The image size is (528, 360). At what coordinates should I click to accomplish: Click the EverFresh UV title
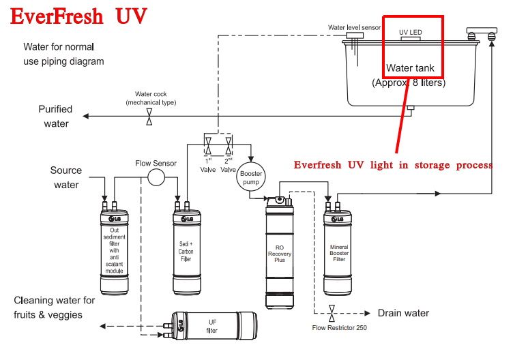pyautogui.click(x=78, y=16)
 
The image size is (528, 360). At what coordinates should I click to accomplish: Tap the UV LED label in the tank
pyautogui.click(x=411, y=32)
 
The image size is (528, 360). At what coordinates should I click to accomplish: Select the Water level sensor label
pyautogui.click(x=354, y=27)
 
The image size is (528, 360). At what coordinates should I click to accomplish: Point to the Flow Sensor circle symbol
pyautogui.click(x=156, y=177)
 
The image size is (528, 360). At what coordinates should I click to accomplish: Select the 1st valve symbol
pyautogui.click(x=208, y=145)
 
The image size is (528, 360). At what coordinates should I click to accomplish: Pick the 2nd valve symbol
pyautogui.click(x=229, y=145)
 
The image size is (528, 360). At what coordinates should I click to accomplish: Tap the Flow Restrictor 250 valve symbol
pyautogui.click(x=332, y=313)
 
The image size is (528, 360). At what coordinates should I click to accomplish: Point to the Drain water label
pyautogui.click(x=403, y=313)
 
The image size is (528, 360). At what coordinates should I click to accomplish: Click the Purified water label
pyautogui.click(x=55, y=117)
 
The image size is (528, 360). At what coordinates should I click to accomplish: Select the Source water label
pyautogui.click(x=65, y=177)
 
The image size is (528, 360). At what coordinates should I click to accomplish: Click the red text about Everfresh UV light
pyautogui.click(x=392, y=165)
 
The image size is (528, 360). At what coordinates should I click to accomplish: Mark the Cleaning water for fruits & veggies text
pyautogui.click(x=55, y=307)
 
